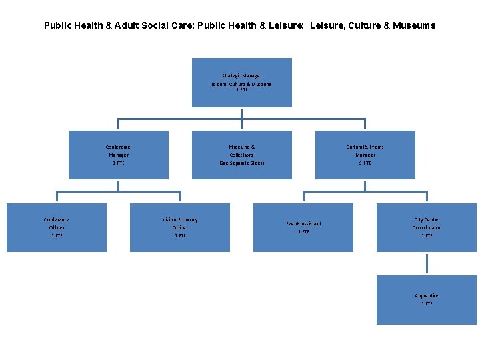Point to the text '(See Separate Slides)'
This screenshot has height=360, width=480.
[x=241, y=163]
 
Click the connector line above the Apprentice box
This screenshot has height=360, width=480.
[x=427, y=263]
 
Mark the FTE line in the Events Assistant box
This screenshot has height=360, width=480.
[x=303, y=231]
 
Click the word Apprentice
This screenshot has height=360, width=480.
[x=427, y=295]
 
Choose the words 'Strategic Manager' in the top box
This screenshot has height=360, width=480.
[x=241, y=76]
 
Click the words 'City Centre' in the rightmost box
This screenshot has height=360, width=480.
[x=427, y=219]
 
